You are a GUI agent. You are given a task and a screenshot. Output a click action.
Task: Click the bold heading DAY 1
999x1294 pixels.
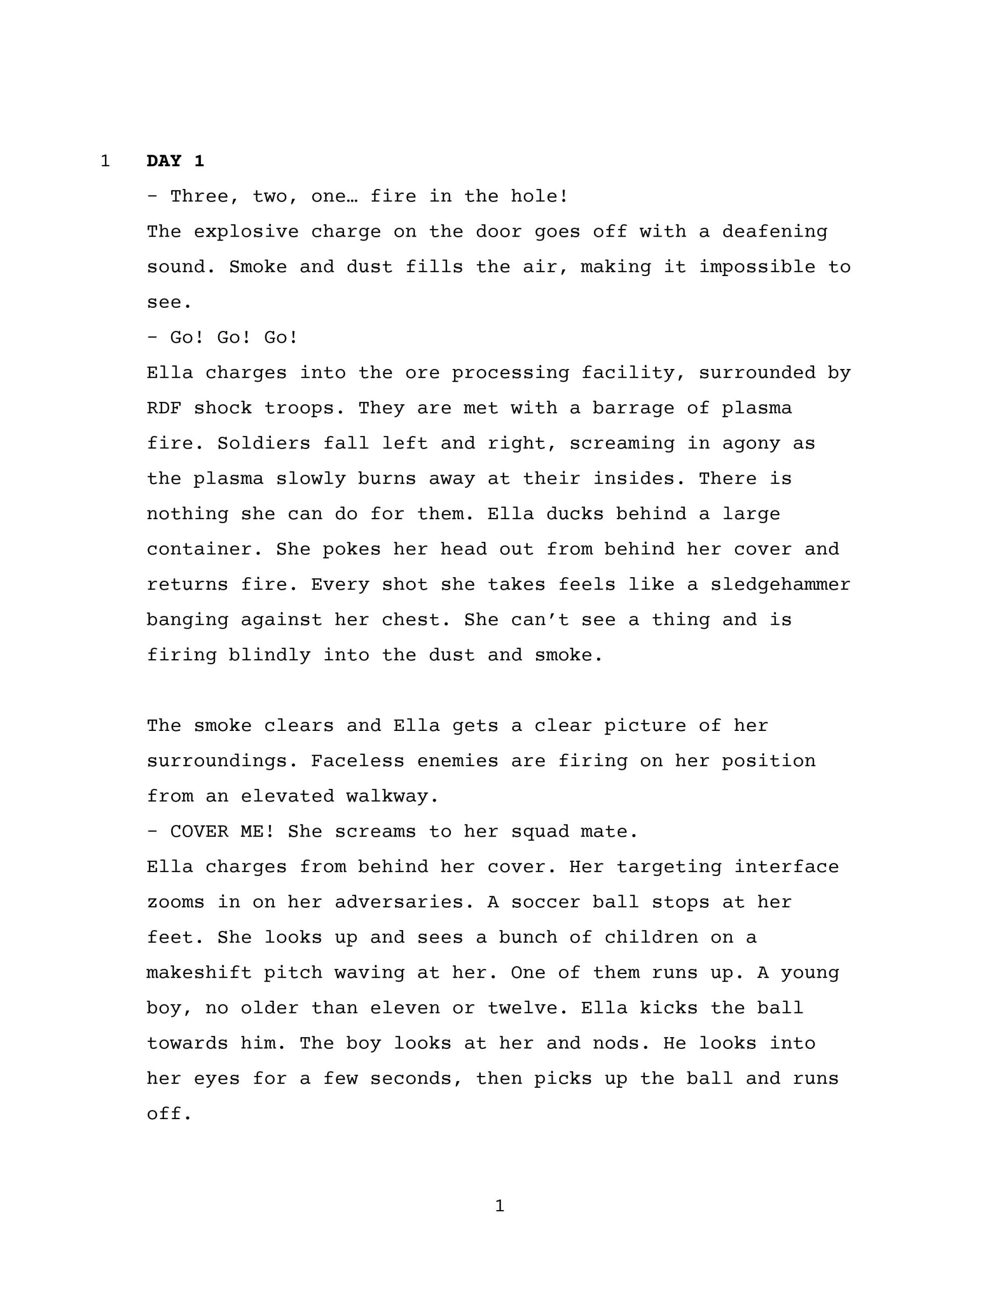[175, 161]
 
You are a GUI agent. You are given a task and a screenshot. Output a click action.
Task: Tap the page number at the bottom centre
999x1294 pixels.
[499, 1206]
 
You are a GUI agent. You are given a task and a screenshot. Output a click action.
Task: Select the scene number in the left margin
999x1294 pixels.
[105, 161]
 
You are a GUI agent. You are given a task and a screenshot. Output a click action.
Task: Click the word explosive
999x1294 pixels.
[246, 232]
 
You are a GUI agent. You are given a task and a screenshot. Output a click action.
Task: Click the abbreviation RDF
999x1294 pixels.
[164, 408]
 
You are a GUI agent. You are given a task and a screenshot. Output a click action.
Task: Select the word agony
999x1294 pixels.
[751, 444]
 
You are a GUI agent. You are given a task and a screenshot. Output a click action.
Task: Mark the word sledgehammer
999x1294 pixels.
[780, 585]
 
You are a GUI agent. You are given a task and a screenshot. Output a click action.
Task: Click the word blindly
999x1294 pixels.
[269, 655]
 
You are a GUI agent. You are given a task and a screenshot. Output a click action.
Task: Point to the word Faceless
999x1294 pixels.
[357, 761]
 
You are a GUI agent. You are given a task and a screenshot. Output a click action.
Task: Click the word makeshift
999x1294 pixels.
[199, 973]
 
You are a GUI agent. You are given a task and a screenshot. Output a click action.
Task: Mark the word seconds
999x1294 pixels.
[416, 1079]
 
